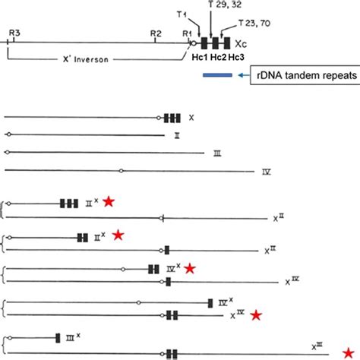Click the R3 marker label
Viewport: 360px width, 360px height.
pos(14,33)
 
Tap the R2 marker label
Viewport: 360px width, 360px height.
pos(156,33)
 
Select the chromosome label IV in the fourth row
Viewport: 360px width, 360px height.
pos(267,172)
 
